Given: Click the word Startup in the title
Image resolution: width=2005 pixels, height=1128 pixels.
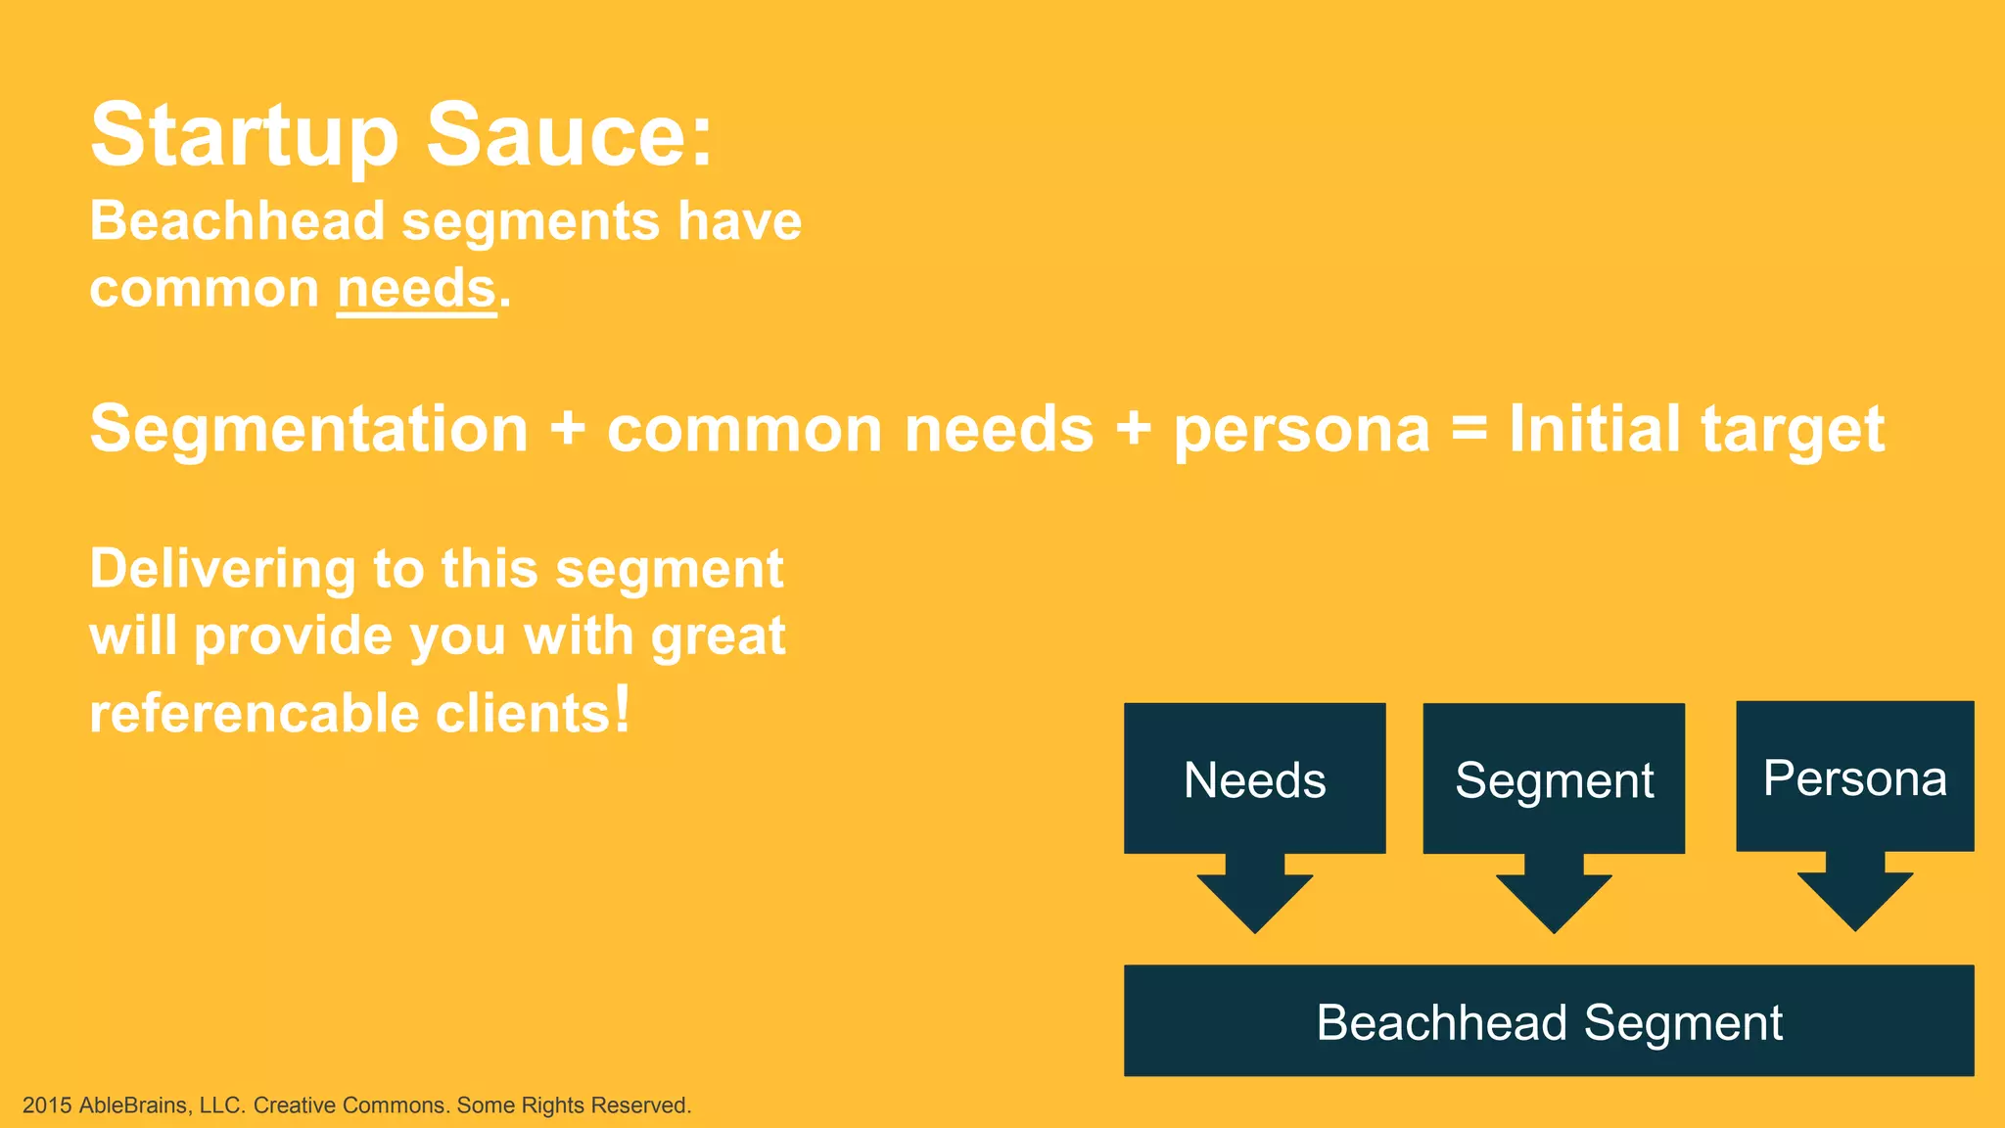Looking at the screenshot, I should point(245,137).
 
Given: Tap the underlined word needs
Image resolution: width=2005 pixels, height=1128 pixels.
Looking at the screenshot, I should point(417,290).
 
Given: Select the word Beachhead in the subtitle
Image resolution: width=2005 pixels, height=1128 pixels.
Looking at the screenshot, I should point(237,220).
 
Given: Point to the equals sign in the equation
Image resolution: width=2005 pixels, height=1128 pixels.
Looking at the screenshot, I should point(1469,429).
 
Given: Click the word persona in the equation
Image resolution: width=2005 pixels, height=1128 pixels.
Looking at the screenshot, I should point(1302,431).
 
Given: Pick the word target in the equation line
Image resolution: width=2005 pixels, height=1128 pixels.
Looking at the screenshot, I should point(1793,431).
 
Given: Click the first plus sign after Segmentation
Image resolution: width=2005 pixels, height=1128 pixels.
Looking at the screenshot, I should point(568,429).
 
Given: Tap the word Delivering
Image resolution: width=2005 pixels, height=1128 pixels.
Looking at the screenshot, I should point(222,570).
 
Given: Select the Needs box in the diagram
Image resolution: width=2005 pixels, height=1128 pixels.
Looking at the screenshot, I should point(1254,778).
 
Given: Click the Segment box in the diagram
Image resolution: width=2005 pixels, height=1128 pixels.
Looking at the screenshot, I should point(1554,778).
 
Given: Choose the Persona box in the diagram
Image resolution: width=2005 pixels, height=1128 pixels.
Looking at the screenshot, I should point(1854,776).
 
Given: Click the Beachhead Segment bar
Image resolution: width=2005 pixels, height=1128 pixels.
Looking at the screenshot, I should point(1548,1020).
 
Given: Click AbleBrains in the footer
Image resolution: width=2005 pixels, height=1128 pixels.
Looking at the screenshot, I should point(133,1105).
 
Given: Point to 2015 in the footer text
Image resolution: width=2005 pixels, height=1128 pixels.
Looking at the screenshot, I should point(47,1105).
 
